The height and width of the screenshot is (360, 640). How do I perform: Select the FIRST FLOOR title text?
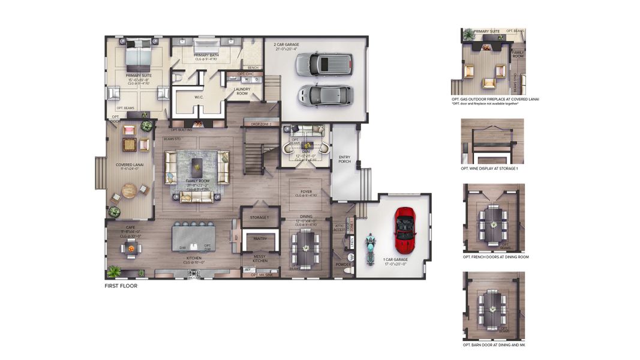point(121,286)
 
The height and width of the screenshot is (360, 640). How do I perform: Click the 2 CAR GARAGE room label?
point(286,44)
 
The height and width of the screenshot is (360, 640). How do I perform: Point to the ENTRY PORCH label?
point(344,160)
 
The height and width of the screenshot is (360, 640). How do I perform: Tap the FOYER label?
point(306,192)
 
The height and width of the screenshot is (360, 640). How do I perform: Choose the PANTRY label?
point(260,239)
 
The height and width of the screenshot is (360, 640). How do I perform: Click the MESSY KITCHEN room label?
point(260,258)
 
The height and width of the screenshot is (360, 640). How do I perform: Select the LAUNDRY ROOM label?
point(242,91)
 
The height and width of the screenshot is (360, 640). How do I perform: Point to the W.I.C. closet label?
point(199,96)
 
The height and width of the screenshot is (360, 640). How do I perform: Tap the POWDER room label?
point(343,264)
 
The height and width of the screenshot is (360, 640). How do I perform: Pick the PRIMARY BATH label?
point(205,55)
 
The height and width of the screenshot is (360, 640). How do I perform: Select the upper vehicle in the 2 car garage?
point(324,63)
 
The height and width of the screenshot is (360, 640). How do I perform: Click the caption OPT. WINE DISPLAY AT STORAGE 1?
point(489,169)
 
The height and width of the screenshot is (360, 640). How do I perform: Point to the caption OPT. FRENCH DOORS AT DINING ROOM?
point(495,257)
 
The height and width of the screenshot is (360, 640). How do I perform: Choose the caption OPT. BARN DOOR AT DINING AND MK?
point(494,345)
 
